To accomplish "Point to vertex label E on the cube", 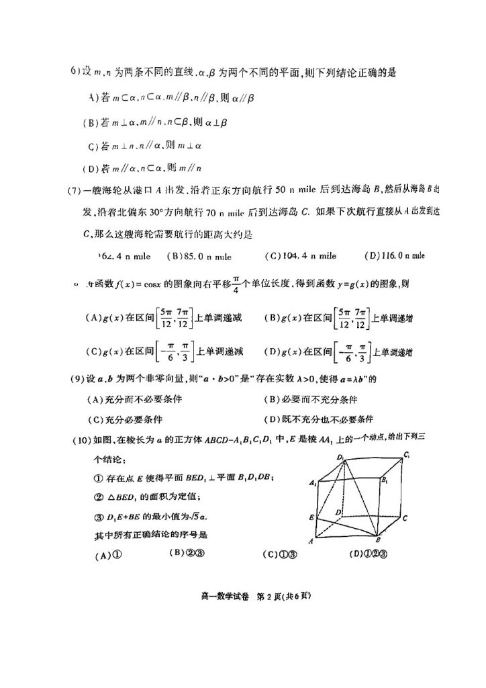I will point(313,519).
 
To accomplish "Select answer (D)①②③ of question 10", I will point(369,554).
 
